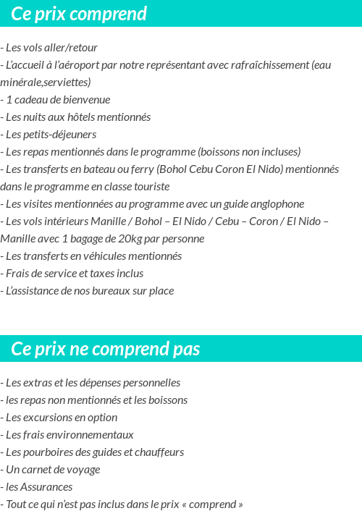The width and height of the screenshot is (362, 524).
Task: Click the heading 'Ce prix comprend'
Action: point(79,14)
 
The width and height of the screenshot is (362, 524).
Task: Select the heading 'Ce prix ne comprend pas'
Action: point(105,350)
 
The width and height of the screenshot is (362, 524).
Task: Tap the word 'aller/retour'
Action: point(72,48)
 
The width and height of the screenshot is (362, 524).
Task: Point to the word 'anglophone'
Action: point(277,204)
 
